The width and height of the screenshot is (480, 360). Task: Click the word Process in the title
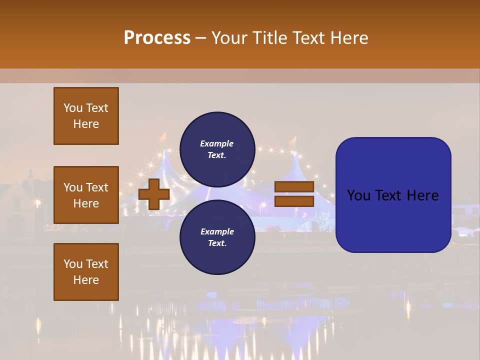click(157, 38)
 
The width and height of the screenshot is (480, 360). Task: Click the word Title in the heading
click(269, 38)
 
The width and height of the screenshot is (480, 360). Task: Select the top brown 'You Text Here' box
click(86, 116)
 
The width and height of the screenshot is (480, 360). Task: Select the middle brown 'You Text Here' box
click(86, 195)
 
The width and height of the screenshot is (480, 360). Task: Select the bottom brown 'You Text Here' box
click(86, 272)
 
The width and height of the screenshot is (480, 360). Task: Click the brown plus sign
click(154, 194)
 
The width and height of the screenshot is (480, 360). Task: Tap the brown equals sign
click(294, 194)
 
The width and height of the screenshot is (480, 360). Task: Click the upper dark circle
click(217, 149)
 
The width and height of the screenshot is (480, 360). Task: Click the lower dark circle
click(217, 237)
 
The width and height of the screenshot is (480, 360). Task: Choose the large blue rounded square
click(393, 195)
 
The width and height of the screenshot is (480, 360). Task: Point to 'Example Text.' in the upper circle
click(217, 149)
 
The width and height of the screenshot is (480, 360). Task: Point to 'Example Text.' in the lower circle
click(217, 237)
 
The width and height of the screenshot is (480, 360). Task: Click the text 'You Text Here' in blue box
click(393, 195)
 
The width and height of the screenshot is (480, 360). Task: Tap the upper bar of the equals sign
click(294, 187)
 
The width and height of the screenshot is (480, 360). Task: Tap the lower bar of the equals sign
click(294, 201)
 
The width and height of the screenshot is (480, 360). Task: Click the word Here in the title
click(349, 38)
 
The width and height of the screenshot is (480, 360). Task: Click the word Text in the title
click(309, 38)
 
